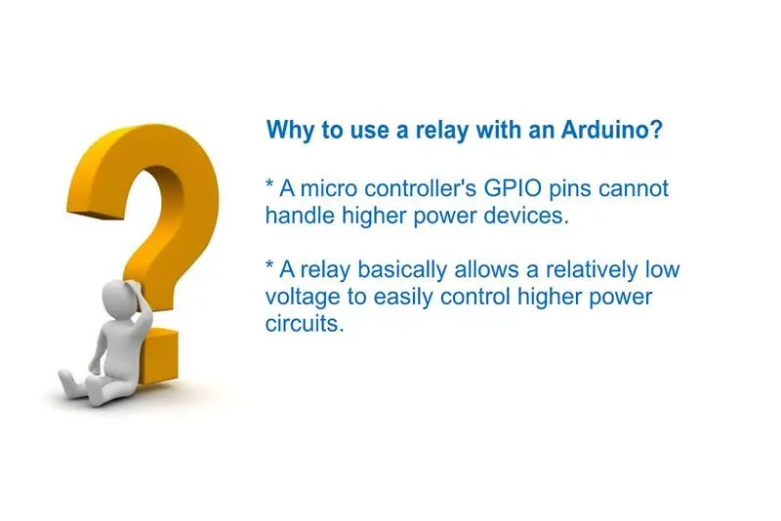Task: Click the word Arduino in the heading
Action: [612, 130]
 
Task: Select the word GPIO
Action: [513, 188]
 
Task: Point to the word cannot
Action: [633, 189]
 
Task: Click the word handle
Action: [300, 216]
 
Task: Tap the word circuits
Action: [305, 324]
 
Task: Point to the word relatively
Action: [592, 269]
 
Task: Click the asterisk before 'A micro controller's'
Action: [269, 184]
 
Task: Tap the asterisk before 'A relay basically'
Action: [269, 265]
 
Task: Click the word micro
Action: [329, 188]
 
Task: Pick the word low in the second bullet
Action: [663, 269]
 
